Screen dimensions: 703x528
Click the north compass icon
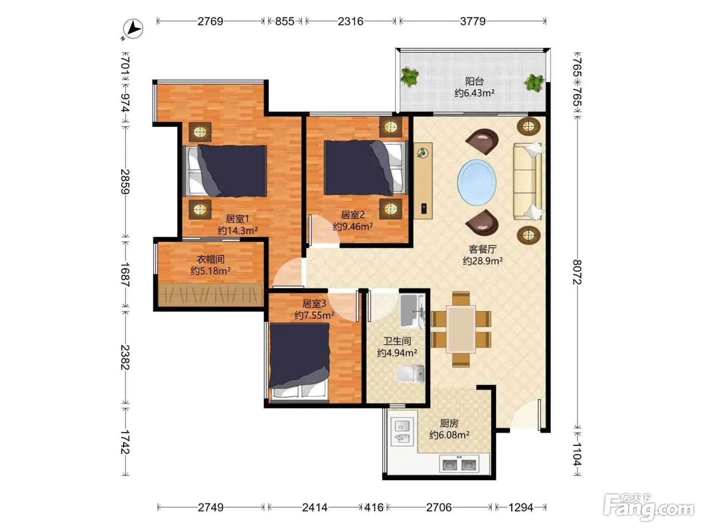point(133,29)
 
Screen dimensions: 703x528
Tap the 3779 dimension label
point(473,22)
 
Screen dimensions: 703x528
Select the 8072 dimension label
point(577,272)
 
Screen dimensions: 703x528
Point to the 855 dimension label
point(284,22)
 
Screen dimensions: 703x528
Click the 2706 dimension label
point(439,507)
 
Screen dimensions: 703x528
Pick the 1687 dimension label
point(125,275)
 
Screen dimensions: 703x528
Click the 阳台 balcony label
point(475,81)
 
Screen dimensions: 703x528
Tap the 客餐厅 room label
point(483,249)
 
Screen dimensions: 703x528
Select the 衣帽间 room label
point(210,259)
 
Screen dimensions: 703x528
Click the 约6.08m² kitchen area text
point(449,434)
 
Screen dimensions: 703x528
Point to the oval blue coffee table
point(477,183)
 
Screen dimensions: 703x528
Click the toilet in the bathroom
point(410,374)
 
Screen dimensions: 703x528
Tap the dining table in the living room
point(461,329)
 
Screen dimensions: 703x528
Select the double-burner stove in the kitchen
point(459,464)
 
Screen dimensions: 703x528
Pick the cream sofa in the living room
point(528,182)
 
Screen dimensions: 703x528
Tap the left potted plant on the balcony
point(409,77)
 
